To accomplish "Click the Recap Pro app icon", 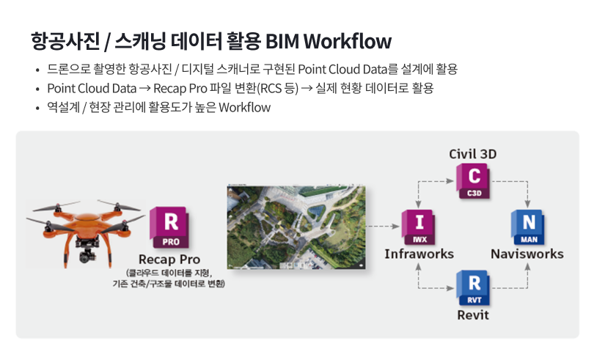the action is point(169,227).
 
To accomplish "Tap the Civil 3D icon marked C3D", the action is point(474,182).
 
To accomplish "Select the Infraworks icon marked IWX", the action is point(419,227).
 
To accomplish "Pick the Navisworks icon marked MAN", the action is point(528,227).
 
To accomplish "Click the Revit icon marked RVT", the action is point(474,288).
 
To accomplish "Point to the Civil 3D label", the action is point(473,154).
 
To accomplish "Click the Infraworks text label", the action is point(419,254).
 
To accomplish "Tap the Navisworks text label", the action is point(527,254).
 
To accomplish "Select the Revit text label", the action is point(473,315).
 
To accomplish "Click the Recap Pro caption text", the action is point(169,260).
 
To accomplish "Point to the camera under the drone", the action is point(88,253).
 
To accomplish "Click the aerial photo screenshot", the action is point(296,227).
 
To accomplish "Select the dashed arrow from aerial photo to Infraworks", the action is point(383,227).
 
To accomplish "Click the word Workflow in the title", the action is point(348,41).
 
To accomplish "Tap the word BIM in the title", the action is point(282,41).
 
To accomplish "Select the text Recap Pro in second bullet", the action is point(180,88).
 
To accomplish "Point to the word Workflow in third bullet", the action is point(245,107).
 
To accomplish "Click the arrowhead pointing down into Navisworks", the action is point(528,204).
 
